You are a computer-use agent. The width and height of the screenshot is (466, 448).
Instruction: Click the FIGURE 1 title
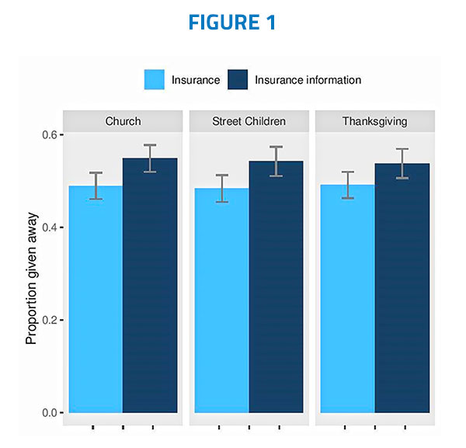pos(233,23)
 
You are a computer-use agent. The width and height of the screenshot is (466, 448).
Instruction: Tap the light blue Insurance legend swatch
pos(155,80)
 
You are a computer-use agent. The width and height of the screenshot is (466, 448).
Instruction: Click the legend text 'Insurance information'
pos(308,80)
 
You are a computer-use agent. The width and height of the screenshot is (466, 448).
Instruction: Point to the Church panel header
pos(123,121)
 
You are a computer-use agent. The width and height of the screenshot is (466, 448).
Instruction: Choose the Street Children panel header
pos(249,121)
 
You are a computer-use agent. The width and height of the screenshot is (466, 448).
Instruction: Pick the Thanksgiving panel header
pos(374,121)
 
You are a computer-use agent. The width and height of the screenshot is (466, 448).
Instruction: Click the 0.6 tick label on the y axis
pos(48,135)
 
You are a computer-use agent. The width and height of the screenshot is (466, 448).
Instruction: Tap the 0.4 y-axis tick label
pos(48,227)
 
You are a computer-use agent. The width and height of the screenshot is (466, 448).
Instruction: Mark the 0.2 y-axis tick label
pos(48,320)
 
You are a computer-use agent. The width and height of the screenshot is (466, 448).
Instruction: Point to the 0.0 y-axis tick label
pos(48,412)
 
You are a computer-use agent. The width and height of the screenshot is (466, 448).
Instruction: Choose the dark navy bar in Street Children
pos(276,287)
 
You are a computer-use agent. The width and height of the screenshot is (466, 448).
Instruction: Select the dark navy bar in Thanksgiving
pos(402,288)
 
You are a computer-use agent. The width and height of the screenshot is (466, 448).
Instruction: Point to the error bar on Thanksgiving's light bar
pos(347,185)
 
